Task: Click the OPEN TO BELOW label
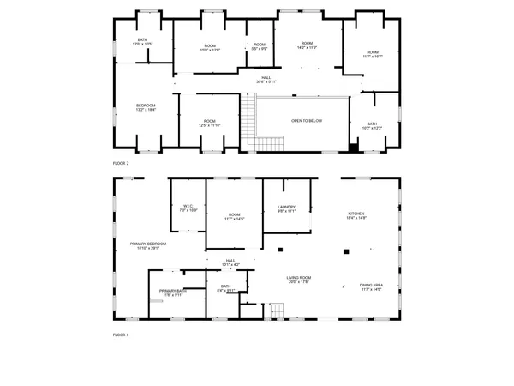[x=307, y=121]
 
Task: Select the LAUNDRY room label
[x=286, y=207]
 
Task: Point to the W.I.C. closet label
[x=189, y=206]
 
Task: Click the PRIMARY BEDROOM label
[x=147, y=244]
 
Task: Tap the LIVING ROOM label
[x=298, y=278]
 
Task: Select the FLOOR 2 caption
[x=121, y=162]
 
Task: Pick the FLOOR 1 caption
[x=121, y=334]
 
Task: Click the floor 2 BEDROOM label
[x=146, y=106]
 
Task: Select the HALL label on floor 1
[x=230, y=260]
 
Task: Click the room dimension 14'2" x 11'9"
[x=307, y=47]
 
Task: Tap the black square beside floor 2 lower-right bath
[x=353, y=148]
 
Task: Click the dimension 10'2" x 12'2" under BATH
[x=372, y=128]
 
